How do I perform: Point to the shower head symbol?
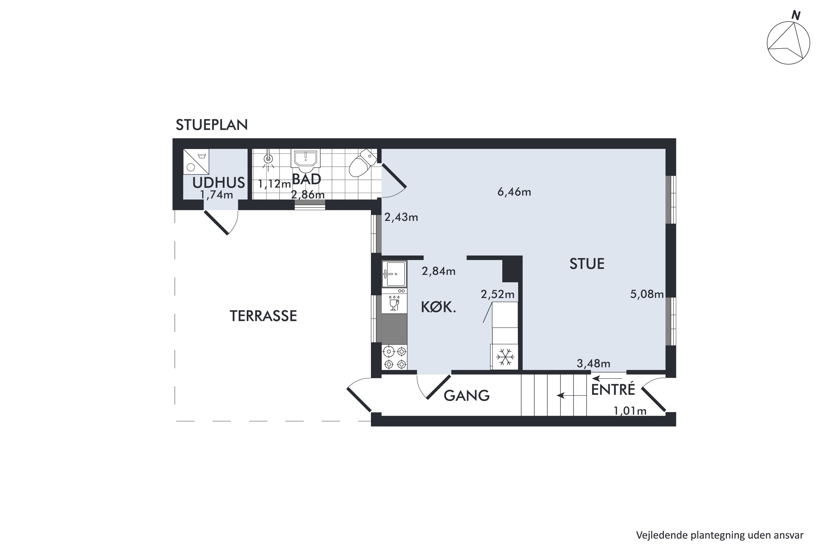(x=269, y=160)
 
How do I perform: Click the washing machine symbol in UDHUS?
(x=196, y=162)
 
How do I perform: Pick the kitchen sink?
(x=394, y=274)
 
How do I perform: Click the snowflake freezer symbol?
(x=505, y=357)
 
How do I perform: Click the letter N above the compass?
(x=796, y=16)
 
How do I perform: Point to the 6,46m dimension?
(x=514, y=192)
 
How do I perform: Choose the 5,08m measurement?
(x=647, y=294)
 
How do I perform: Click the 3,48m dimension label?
(x=594, y=363)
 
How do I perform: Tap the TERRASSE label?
(x=263, y=316)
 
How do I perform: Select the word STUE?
(x=587, y=264)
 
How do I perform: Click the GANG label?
(x=466, y=396)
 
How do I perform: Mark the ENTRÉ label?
(x=613, y=389)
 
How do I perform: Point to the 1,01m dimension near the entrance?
(x=630, y=411)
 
